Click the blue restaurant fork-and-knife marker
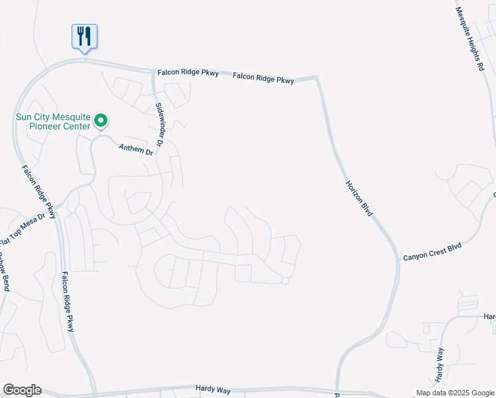click(x=84, y=36)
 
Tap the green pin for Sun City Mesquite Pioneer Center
click(x=101, y=121)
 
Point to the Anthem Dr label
click(x=136, y=150)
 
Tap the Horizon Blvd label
click(x=359, y=198)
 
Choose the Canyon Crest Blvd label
click(x=432, y=252)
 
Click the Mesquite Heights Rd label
click(x=471, y=40)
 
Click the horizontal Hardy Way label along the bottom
click(x=213, y=389)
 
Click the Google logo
click(x=22, y=390)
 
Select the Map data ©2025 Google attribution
click(x=456, y=393)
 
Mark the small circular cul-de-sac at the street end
click(x=286, y=281)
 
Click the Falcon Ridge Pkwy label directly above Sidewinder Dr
click(x=188, y=74)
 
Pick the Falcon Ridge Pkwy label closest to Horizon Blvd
click(x=263, y=78)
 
